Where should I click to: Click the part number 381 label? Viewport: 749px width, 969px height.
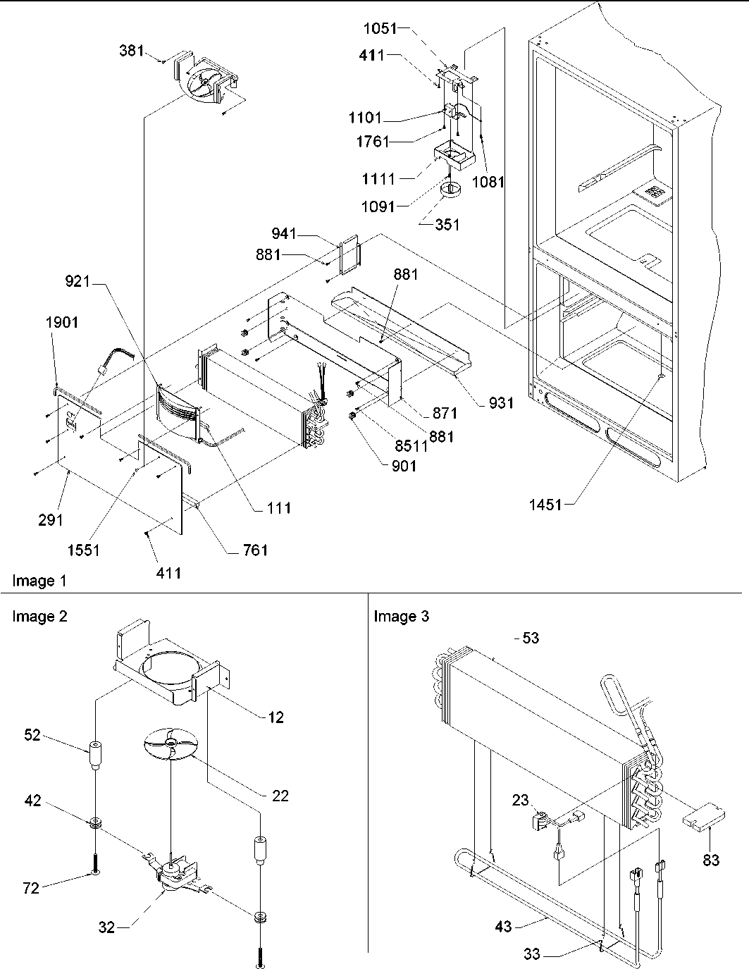(x=131, y=51)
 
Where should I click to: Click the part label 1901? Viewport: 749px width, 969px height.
(x=63, y=323)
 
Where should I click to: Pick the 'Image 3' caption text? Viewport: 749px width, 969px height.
(x=401, y=617)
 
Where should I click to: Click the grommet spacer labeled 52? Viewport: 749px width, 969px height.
(x=93, y=758)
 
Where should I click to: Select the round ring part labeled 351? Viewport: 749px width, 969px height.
(x=450, y=191)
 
